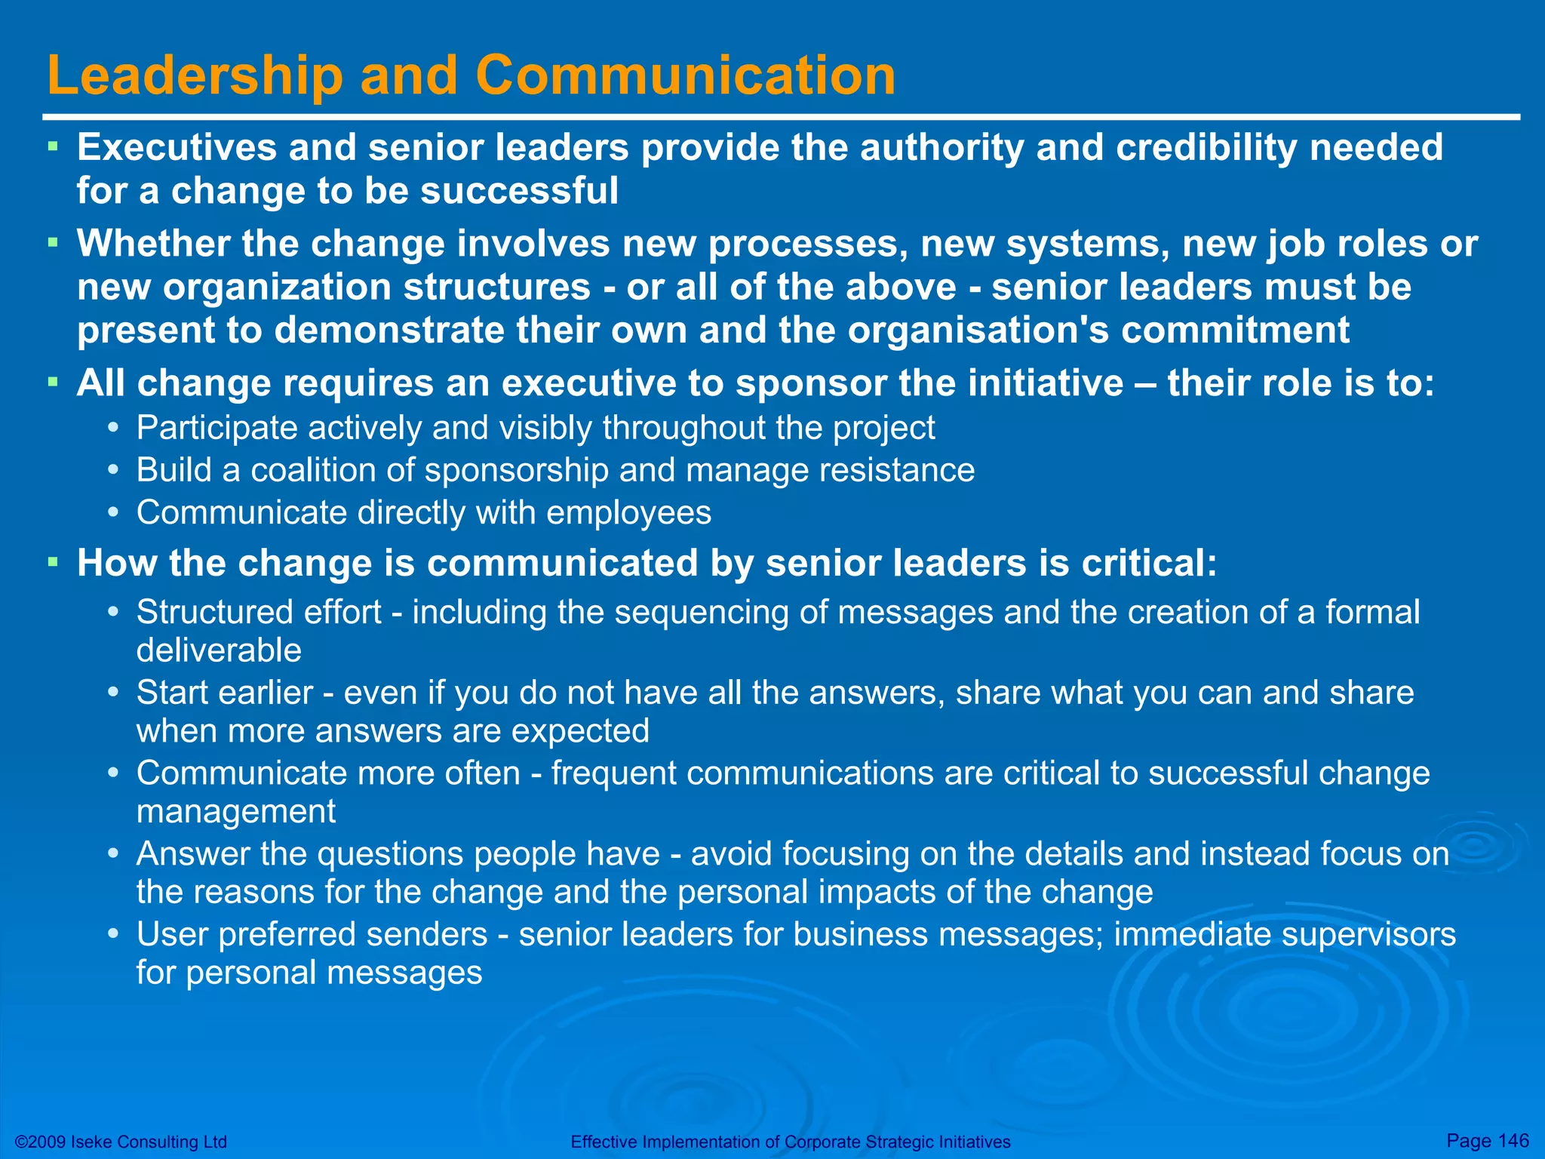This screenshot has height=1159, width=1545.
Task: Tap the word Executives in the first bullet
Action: tap(177, 147)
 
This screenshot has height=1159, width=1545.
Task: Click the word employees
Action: tap(628, 513)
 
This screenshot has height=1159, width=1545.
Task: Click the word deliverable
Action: tap(219, 650)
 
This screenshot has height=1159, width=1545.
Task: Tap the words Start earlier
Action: tap(224, 693)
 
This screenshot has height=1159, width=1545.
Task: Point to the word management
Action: tap(235, 812)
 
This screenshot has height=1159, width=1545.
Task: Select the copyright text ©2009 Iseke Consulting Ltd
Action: tap(121, 1142)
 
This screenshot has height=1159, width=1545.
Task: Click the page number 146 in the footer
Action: tap(1513, 1140)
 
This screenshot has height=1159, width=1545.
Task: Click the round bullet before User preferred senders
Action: tap(113, 934)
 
